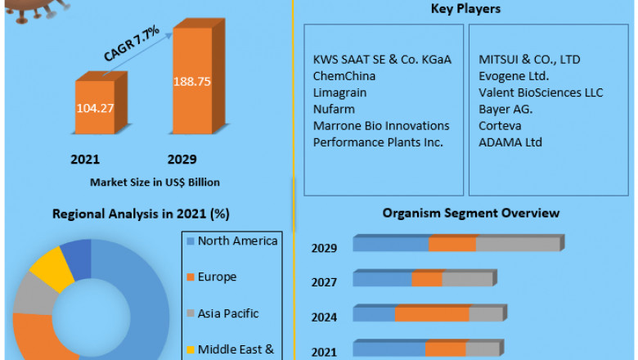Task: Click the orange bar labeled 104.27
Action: tap(96, 106)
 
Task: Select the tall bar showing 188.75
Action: tap(192, 82)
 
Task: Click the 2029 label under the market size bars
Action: tap(181, 159)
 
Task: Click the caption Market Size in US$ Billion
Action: tap(155, 182)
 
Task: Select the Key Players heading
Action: tap(465, 9)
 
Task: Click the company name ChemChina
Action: tap(344, 76)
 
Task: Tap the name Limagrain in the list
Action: tap(339, 92)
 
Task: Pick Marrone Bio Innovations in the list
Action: tap(381, 126)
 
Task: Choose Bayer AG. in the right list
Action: tap(505, 109)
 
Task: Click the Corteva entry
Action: tap(500, 126)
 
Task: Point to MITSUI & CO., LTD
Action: tap(529, 60)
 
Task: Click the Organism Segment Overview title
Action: tap(471, 213)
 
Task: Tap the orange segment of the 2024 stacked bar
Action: tap(432, 314)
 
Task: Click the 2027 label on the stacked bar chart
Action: tap(324, 281)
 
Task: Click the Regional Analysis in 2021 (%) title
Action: tap(141, 214)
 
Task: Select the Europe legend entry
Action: tap(217, 277)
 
